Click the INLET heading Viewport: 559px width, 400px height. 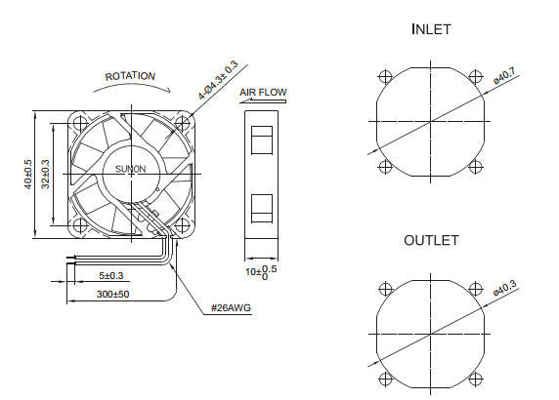click(431, 29)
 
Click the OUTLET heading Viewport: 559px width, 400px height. click(431, 240)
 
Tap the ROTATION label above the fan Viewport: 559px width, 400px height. click(130, 76)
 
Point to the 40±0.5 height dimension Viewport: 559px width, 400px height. click(29, 174)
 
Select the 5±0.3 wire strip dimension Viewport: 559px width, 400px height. click(111, 276)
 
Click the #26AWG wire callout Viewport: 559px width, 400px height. click(232, 309)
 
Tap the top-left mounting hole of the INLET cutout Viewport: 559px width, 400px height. click(384, 77)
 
